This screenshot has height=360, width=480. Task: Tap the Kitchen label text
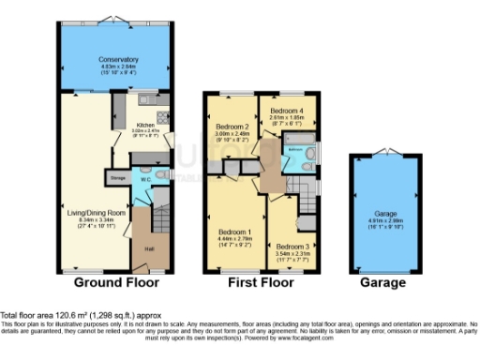pyautogui.click(x=145, y=125)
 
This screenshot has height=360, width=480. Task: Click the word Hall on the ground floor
pyautogui.click(x=148, y=248)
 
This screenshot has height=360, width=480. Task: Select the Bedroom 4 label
pyautogui.click(x=284, y=112)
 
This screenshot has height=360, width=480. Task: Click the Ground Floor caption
pyautogui.click(x=117, y=282)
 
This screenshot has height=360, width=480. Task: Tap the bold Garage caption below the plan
pyautogui.click(x=385, y=282)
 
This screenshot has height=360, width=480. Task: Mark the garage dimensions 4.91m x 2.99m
pyautogui.click(x=385, y=219)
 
